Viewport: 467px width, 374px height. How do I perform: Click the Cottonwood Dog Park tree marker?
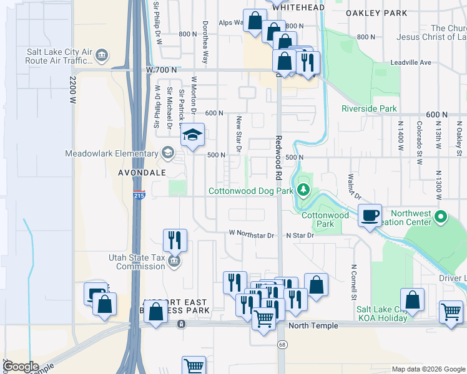[x=303, y=189]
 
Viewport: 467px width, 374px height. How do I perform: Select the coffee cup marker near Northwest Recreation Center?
[x=370, y=215]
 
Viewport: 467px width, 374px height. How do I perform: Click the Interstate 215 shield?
[x=139, y=196]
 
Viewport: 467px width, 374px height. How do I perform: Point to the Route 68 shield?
[x=282, y=345]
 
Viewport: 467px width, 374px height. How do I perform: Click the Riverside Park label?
[x=369, y=108]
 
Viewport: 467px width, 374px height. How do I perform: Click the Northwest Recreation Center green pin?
[x=441, y=218]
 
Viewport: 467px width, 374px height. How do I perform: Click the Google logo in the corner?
[x=21, y=367]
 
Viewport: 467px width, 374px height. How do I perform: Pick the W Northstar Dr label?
[x=252, y=235]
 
